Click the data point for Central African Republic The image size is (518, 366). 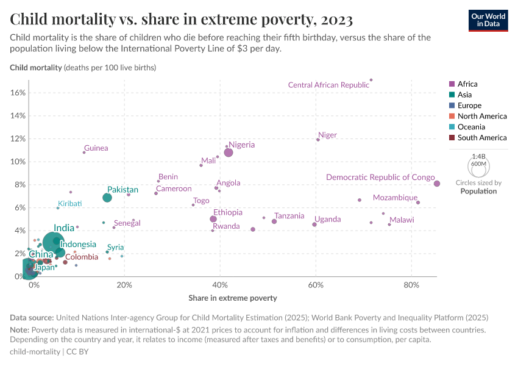pos(371,80)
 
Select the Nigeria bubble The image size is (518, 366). pos(229,152)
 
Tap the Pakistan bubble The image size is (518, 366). pos(107,198)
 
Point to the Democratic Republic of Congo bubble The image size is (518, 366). pos(437,184)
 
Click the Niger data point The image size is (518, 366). pos(318,140)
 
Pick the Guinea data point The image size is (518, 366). pos(84,152)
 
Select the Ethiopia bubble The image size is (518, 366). pos(213,219)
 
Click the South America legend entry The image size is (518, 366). pos(481,138)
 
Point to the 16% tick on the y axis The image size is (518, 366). pos(18,93)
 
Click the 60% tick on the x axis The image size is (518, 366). pos(316,285)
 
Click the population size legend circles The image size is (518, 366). pos(478,165)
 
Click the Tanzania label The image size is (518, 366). pos(289,216)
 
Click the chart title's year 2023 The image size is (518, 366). pos(334,20)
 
